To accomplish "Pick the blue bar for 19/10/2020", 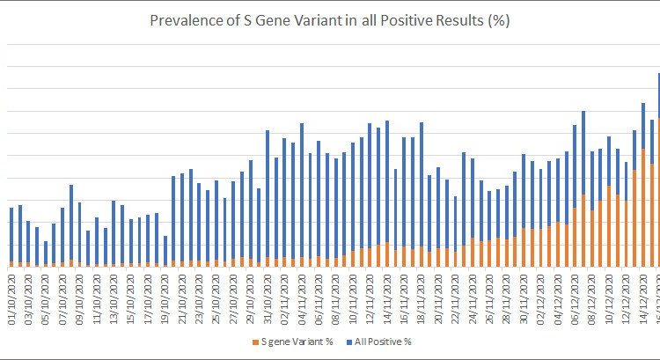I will [165, 250].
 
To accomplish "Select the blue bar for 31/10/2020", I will [268, 194].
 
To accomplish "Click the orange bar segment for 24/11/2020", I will [473, 252].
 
